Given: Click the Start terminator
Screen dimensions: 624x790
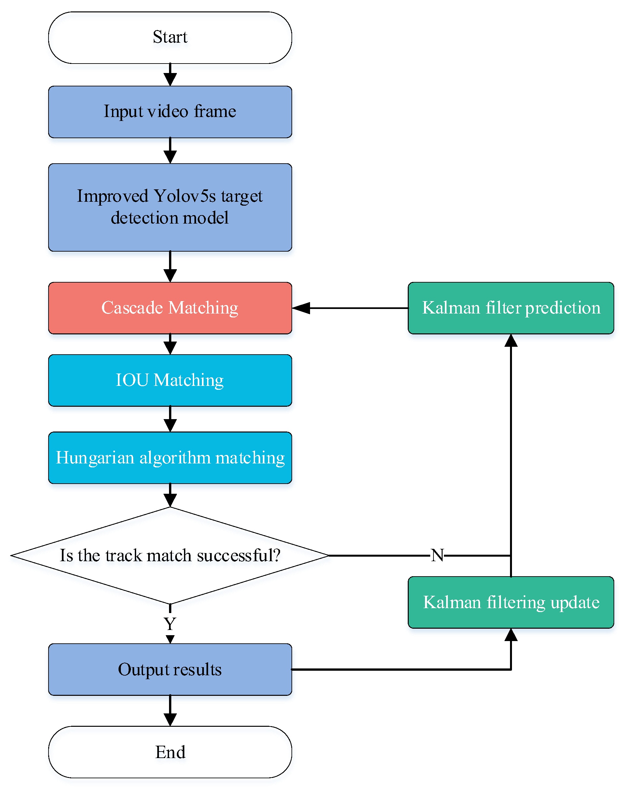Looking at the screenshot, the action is point(170,38).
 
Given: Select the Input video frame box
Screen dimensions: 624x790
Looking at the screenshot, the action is point(170,112).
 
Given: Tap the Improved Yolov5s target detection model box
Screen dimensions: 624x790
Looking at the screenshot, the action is point(170,207).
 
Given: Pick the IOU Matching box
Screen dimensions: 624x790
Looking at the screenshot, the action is point(170,380).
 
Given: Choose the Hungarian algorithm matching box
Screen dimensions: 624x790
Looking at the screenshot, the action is point(170,458).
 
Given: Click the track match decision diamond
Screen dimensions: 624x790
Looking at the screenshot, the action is point(170,555).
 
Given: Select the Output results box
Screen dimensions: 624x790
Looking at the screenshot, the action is point(170,669).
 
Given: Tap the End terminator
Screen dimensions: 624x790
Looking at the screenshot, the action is point(170,752).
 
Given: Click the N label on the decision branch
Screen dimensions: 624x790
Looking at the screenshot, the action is point(437,555).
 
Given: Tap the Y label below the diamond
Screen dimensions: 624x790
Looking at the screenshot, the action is point(170,624).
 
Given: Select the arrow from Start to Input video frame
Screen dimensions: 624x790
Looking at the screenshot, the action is point(170,75).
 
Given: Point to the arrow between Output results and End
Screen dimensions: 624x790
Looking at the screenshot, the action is point(170,711).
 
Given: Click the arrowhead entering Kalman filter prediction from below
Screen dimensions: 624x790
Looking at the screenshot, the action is point(511,340).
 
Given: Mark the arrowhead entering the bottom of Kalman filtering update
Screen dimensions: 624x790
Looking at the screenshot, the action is point(511,635).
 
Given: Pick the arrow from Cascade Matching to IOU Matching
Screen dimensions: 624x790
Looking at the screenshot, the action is point(170,344).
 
